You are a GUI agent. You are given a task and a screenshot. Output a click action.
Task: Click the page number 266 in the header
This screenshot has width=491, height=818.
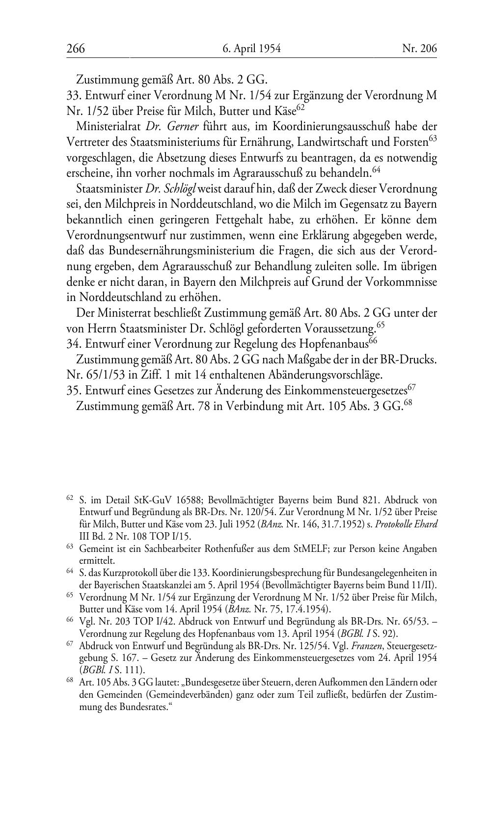[76, 49]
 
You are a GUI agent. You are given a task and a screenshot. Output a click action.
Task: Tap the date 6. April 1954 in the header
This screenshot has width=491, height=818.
[251, 49]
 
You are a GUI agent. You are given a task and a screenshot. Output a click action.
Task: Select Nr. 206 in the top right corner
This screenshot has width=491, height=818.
[419, 49]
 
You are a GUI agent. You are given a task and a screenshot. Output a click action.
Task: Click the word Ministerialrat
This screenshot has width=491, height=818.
[103, 126]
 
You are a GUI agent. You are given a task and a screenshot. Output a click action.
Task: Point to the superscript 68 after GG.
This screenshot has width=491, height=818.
[407, 404]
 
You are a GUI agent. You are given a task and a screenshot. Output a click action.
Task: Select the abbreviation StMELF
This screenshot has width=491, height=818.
[309, 548]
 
